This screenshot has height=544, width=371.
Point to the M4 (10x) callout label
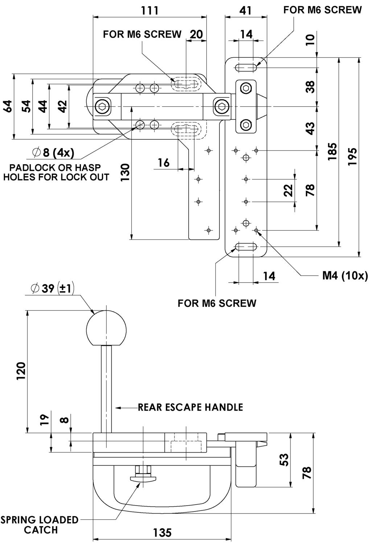[x=345, y=276]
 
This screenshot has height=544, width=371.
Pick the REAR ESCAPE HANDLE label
[x=190, y=407]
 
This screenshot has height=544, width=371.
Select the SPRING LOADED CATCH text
[x=39, y=525]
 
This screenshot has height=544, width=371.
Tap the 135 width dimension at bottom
[x=162, y=533]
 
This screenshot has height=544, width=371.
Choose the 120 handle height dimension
[x=21, y=371]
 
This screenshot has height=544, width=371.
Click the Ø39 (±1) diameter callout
[x=53, y=288]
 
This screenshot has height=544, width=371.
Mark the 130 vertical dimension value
[x=125, y=173]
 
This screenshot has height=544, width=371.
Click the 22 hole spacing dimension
[x=287, y=190]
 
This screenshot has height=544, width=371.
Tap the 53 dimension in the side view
[x=285, y=459]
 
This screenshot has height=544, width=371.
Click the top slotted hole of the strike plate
[x=246, y=67]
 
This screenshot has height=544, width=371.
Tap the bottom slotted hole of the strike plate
[x=246, y=247]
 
